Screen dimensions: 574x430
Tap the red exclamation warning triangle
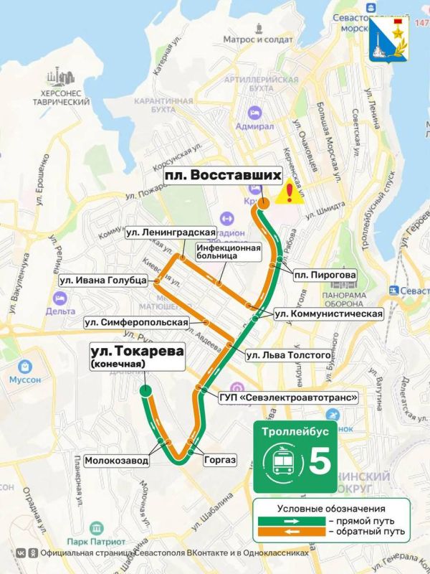click(x=290, y=192)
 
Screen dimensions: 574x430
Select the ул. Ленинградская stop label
click(x=170, y=232)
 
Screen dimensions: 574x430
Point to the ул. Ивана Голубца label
click(x=103, y=279)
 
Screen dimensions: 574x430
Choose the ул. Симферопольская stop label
click(x=136, y=321)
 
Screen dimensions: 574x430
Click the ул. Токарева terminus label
click(x=137, y=357)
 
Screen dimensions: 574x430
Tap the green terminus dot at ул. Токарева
click(x=146, y=391)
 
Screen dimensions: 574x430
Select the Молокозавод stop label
click(x=116, y=461)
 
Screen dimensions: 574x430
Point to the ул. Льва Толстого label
click(x=288, y=354)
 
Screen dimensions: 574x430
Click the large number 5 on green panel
click(x=320, y=461)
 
